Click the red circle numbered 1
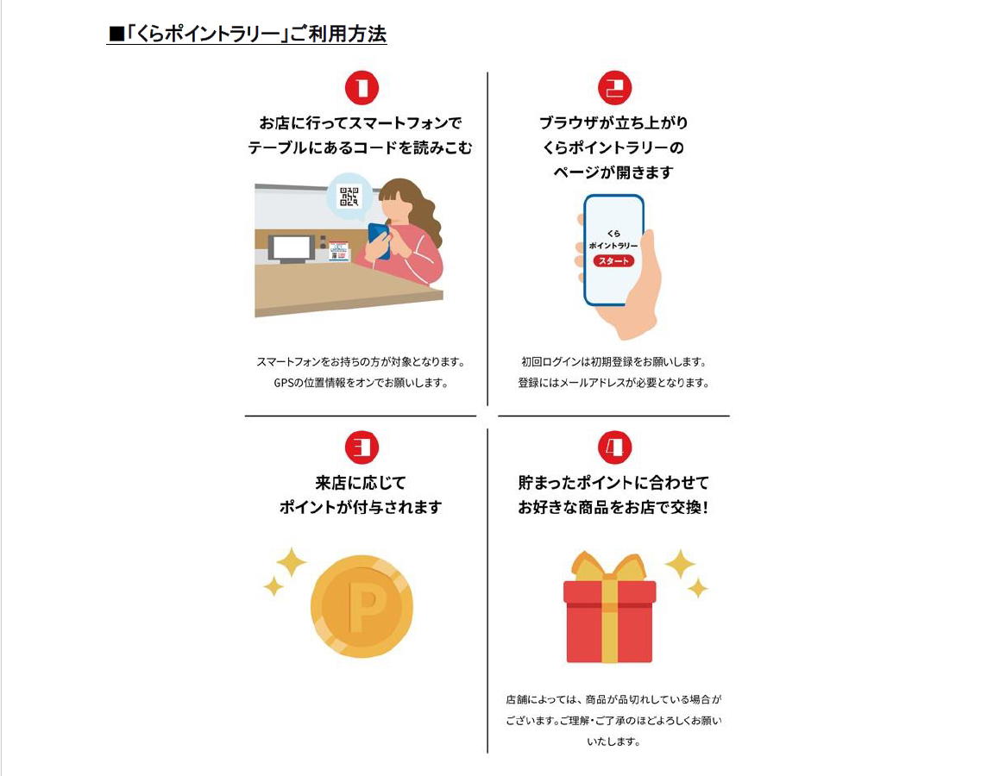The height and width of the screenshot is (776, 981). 362,88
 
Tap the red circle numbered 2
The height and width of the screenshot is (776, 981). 614,88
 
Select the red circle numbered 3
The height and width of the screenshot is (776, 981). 362,447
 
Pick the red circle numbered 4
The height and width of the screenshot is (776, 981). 614,447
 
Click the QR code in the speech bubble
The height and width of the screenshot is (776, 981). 349,197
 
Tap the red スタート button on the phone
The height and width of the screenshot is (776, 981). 613,260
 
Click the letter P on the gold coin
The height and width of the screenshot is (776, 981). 367,608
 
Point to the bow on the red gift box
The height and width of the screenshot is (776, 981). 609,567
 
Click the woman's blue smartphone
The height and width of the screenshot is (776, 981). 377,239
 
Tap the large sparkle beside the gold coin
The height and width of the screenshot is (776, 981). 291,562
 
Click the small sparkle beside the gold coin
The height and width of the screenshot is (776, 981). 274,586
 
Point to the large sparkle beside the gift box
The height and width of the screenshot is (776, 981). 680,564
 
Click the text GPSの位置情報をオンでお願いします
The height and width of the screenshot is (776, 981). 361,383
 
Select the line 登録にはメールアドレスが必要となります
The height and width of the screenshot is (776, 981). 613,383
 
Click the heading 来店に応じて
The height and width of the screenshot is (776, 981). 361,482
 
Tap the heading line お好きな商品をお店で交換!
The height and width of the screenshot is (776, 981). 613,507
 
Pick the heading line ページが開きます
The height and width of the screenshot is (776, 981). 613,172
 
